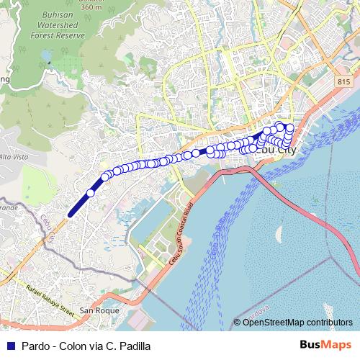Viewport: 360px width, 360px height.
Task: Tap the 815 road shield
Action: (x=342, y=83)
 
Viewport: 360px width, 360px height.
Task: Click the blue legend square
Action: (x=9, y=345)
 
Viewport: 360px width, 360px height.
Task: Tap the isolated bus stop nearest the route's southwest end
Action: (x=91, y=192)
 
